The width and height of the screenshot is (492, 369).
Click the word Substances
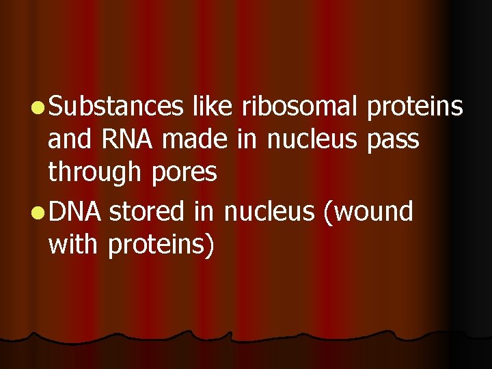116,107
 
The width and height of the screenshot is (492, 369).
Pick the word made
195,139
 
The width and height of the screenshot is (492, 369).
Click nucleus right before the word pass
312,139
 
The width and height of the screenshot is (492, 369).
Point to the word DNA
75,212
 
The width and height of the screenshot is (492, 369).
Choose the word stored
147,212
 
